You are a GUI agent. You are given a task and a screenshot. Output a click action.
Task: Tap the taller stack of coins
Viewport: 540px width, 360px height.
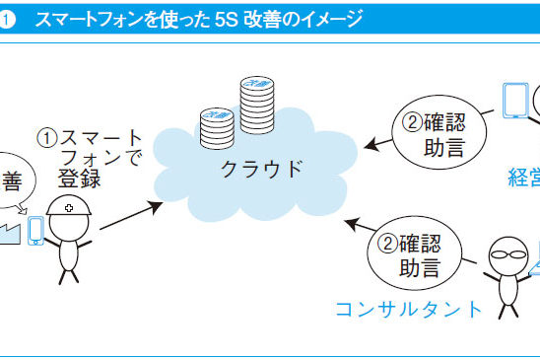(256, 108)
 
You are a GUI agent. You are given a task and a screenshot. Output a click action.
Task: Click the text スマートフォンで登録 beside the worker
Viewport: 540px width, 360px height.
(89, 159)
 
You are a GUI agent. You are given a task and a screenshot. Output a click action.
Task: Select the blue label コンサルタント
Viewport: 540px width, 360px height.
(409, 310)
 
